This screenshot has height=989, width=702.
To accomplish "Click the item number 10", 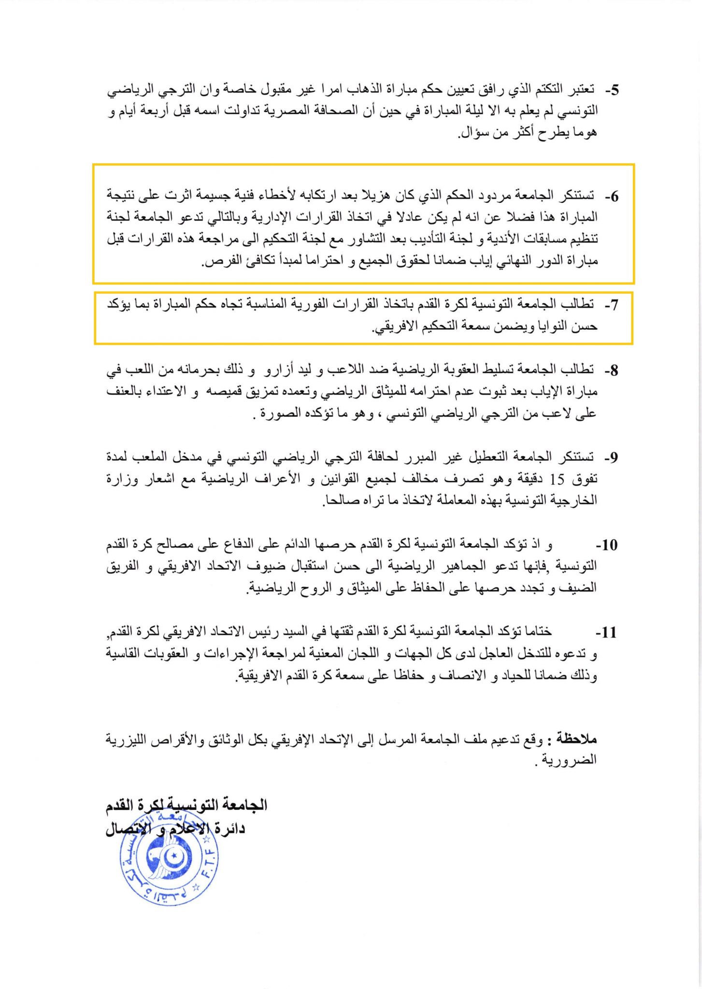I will [609, 545].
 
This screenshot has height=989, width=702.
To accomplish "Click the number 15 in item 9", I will [557, 479].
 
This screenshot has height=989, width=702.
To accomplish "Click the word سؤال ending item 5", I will [473, 133].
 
